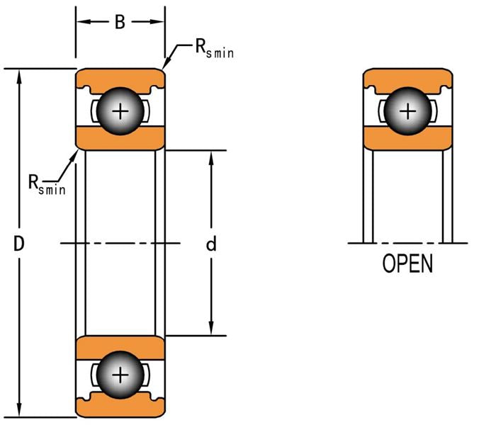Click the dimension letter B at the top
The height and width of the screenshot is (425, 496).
(x=120, y=23)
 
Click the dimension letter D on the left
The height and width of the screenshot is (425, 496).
(x=20, y=244)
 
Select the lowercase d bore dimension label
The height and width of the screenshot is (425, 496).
(x=210, y=244)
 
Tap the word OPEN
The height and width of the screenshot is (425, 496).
(x=407, y=264)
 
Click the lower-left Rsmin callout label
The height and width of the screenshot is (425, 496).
(x=47, y=185)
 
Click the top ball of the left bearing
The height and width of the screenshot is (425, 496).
(x=120, y=110)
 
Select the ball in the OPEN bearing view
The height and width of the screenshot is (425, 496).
(x=407, y=110)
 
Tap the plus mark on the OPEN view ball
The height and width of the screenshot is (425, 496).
(x=407, y=110)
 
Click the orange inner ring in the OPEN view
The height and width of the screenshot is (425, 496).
(x=407, y=139)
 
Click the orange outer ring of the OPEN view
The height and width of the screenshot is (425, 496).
(x=407, y=76)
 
